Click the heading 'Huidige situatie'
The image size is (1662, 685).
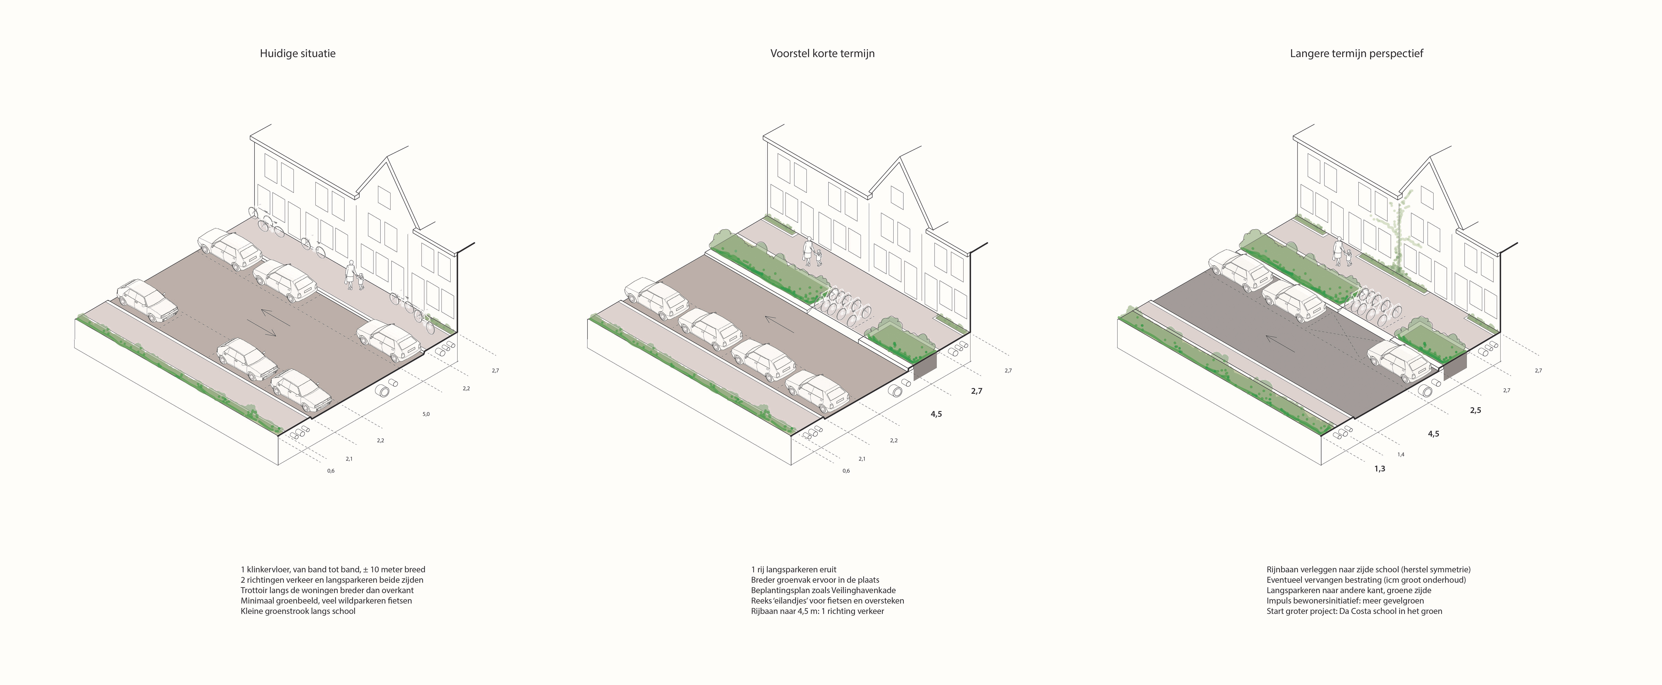pyautogui.click(x=297, y=54)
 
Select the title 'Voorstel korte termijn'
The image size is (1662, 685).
pyautogui.click(x=822, y=54)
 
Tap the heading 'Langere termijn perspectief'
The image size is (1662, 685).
pyautogui.click(x=1356, y=54)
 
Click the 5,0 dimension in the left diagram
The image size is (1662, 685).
pyautogui.click(x=426, y=414)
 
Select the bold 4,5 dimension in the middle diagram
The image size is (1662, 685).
pyautogui.click(x=936, y=414)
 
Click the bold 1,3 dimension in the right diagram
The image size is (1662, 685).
pyautogui.click(x=1379, y=469)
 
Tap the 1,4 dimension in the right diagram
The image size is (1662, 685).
pyautogui.click(x=1401, y=455)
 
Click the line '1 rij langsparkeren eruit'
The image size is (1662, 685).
pyautogui.click(x=794, y=569)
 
